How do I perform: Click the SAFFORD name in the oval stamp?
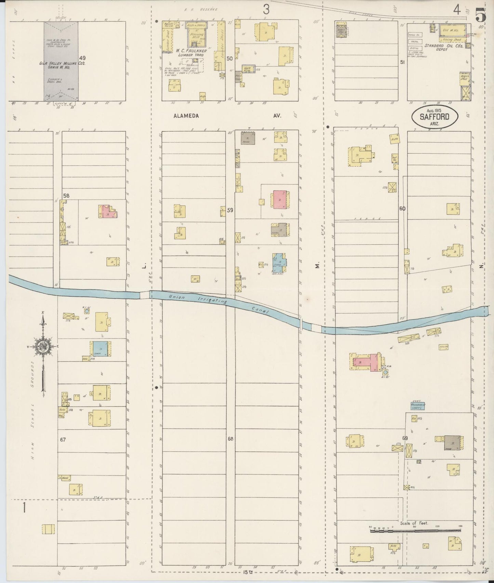click(x=435, y=117)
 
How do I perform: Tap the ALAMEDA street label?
click(x=186, y=116)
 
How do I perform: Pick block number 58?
click(x=66, y=196)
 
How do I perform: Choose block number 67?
click(x=63, y=440)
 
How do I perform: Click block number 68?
click(x=230, y=439)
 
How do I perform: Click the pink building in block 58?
click(x=108, y=212)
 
